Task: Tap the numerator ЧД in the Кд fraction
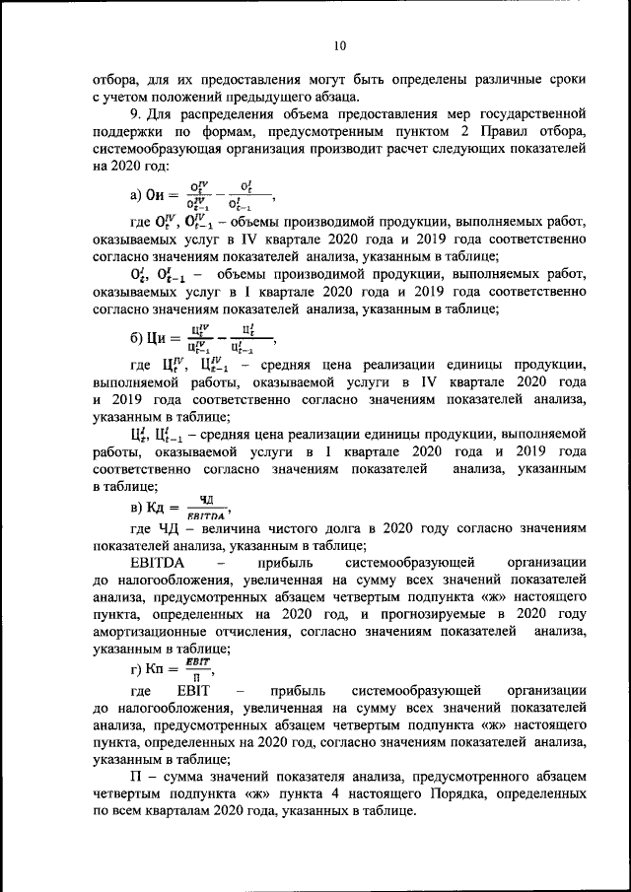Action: [x=207, y=501]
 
